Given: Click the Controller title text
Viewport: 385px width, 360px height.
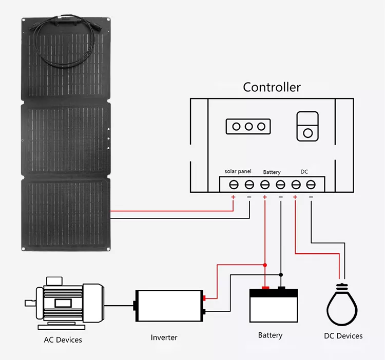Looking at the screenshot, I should click(272, 87).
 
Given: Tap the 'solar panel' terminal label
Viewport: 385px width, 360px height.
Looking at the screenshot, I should click(238, 171).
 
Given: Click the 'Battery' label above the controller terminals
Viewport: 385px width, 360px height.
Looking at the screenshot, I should click(272, 172).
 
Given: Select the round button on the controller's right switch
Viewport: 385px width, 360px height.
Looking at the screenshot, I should click(308, 133).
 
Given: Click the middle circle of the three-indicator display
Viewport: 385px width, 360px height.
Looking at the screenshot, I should click(249, 126).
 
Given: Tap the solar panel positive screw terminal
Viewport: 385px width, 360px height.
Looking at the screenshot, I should click(234, 184).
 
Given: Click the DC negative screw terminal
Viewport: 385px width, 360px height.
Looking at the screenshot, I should click(311, 184).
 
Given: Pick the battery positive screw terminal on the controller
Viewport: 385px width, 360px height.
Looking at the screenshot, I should click(265, 184).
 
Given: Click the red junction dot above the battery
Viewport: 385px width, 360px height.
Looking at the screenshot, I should click(265, 265).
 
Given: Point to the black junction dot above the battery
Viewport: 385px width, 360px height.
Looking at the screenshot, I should click(281, 274).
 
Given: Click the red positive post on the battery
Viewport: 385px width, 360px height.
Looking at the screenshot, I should click(265, 288).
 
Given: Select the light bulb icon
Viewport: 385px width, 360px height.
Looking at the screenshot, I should click(342, 305).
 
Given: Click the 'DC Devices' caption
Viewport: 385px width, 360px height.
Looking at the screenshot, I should click(343, 336).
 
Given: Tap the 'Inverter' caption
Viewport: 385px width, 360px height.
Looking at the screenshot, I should click(164, 337).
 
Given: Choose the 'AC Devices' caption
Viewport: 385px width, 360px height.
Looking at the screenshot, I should click(63, 339).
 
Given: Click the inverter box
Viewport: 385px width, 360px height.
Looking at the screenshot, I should click(169, 306).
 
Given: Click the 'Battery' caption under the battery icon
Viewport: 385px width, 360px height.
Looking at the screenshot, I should click(270, 335).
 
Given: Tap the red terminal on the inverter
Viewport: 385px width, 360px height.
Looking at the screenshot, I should click(204, 298).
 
